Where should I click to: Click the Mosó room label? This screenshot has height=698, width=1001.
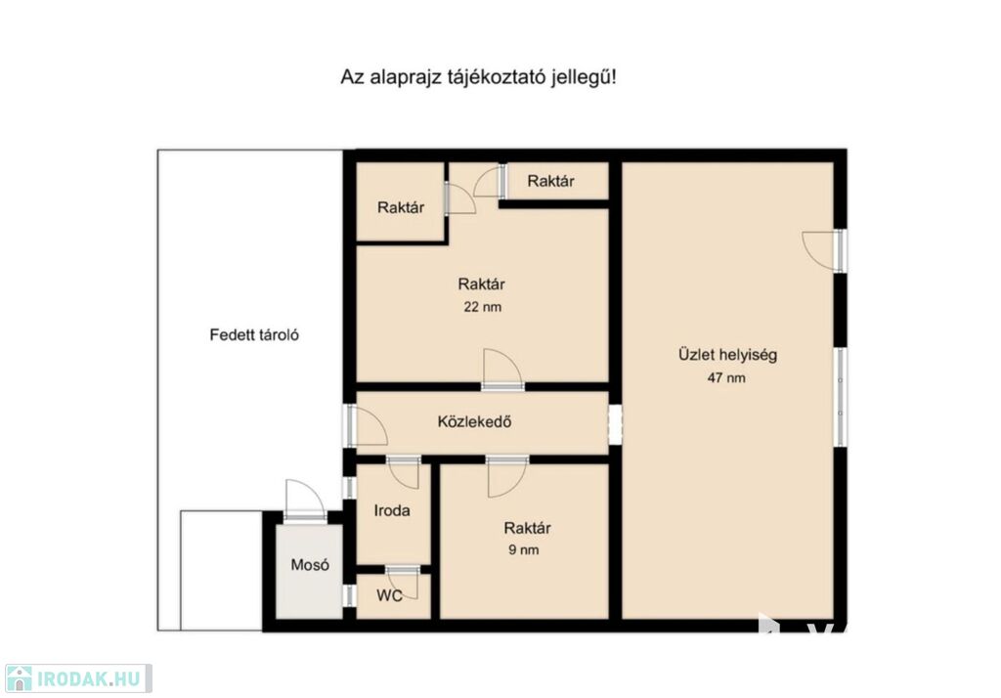310,564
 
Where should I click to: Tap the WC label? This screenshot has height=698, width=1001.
389,595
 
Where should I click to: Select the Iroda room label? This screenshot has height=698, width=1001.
392,510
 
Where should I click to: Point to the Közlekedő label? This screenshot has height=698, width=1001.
474,421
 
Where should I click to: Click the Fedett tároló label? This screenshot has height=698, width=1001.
254,334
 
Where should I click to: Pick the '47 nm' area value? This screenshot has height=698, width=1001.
726,377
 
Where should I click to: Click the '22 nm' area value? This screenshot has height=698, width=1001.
483,307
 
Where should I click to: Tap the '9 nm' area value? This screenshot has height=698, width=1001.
524,549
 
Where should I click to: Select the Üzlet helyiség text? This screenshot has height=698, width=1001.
727,355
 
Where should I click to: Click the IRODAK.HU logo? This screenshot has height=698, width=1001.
78,678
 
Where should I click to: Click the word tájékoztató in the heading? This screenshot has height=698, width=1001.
494,78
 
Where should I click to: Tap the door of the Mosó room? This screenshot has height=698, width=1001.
305,500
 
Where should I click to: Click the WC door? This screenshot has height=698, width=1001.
402,581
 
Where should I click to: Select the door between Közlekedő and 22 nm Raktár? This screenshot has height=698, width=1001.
503,370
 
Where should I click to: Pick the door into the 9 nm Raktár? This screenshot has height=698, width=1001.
507,476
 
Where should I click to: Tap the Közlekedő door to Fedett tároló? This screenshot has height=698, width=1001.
366,425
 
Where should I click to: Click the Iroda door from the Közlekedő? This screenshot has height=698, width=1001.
404,472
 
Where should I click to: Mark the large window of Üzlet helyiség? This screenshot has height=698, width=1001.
841,397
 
